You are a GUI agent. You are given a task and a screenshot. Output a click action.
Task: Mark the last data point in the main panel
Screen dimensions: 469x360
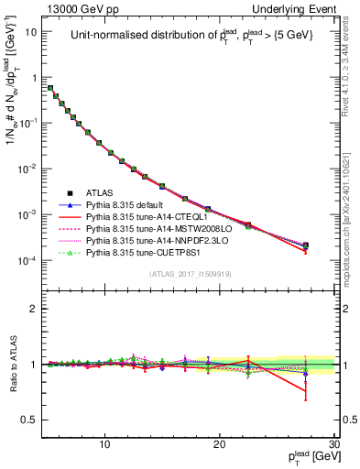[x=305, y=245]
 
